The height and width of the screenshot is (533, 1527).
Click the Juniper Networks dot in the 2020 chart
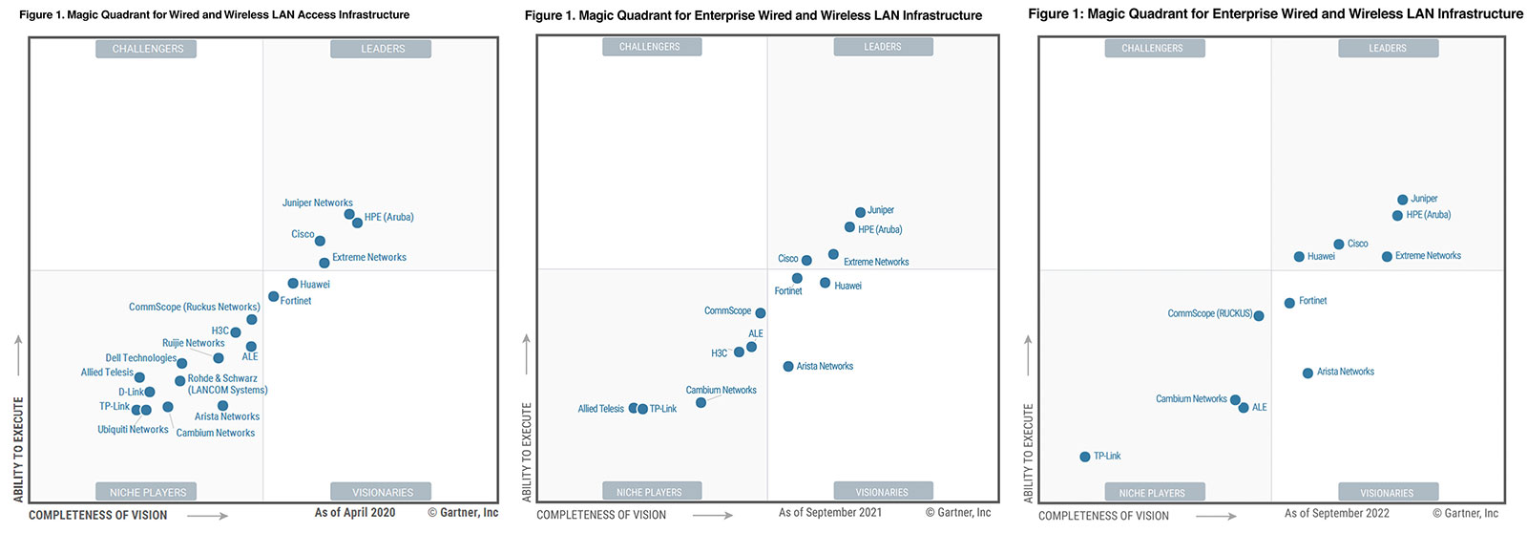pyautogui.click(x=349, y=214)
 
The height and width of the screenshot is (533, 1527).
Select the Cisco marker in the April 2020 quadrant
pyautogui.click(x=320, y=241)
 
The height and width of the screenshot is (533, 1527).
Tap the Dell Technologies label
pyautogui.click(x=141, y=358)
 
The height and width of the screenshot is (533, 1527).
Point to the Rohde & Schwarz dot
pyautogui.click(x=180, y=381)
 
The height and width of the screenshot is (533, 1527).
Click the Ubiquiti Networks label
pyautogui.click(x=133, y=429)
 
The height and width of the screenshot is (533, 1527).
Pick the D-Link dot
pyautogui.click(x=150, y=392)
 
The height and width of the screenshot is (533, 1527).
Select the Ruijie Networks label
pyautogui.click(x=194, y=343)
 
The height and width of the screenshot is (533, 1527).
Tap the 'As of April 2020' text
pyautogui.click(x=355, y=512)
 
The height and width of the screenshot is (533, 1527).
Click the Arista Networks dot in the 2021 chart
pyautogui.click(x=788, y=367)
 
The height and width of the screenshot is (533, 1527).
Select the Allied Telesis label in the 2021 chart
pyautogui.click(x=600, y=409)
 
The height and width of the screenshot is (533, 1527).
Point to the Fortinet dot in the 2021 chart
pyautogui.click(x=797, y=279)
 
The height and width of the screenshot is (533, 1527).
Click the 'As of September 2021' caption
pyautogui.click(x=830, y=512)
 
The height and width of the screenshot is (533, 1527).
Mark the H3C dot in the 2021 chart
pyautogui.click(x=739, y=352)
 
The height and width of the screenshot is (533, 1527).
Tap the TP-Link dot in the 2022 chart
pyautogui.click(x=1084, y=457)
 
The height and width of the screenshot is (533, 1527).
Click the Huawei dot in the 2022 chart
pyautogui.click(x=1299, y=257)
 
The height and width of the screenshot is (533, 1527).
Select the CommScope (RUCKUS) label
pyautogui.click(x=1210, y=314)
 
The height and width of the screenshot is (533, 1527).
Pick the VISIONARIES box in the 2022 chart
pyautogui.click(x=1388, y=492)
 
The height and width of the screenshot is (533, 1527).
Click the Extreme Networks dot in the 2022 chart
pyautogui.click(x=1387, y=257)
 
